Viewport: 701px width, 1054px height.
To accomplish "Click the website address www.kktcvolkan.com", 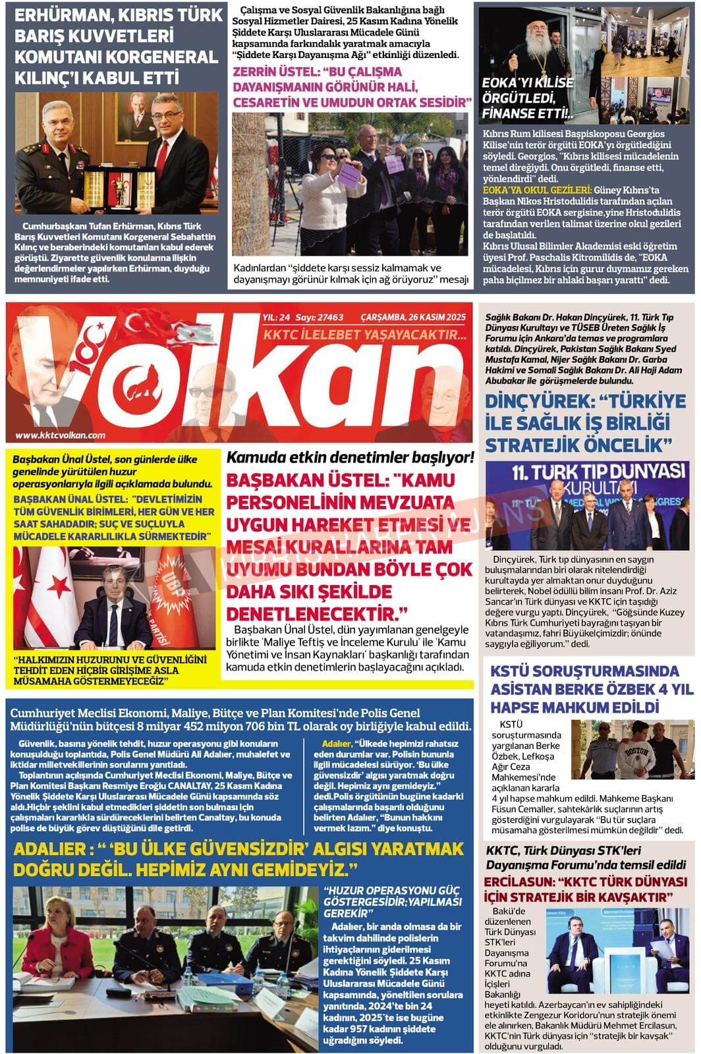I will [x=60, y=435].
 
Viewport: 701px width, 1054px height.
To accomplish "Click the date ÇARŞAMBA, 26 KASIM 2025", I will [x=414, y=317].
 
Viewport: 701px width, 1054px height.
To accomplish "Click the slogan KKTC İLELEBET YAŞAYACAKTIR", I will [x=364, y=336].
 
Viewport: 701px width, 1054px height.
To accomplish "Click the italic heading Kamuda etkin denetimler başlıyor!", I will [x=350, y=457].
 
